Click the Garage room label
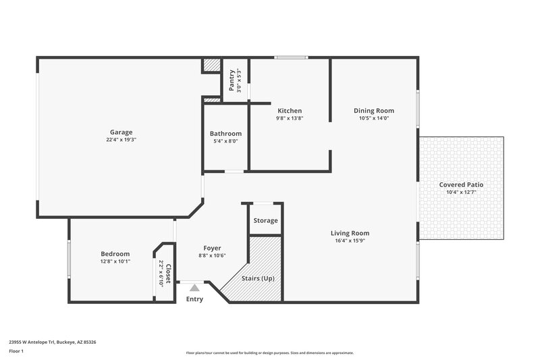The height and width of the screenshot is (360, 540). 122,132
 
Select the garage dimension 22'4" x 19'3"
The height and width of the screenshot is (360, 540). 122,140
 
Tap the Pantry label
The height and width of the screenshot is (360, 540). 232,80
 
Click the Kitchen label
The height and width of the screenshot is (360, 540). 290,111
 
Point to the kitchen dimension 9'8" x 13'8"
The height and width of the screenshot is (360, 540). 290,118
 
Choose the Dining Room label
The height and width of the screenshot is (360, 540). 374,111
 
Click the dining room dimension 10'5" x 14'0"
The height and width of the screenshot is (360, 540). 374,118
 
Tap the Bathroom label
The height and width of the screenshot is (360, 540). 225,134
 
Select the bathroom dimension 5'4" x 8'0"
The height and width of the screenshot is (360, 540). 225,141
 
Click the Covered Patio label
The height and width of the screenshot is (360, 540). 461,184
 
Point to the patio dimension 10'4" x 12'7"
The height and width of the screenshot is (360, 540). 461,192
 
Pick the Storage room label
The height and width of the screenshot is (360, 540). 265,221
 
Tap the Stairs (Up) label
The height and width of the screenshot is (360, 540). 258,278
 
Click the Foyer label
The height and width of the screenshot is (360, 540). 211,248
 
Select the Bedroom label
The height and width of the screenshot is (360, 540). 115,254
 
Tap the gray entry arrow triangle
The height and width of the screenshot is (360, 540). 194,287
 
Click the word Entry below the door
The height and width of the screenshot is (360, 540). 194,299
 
